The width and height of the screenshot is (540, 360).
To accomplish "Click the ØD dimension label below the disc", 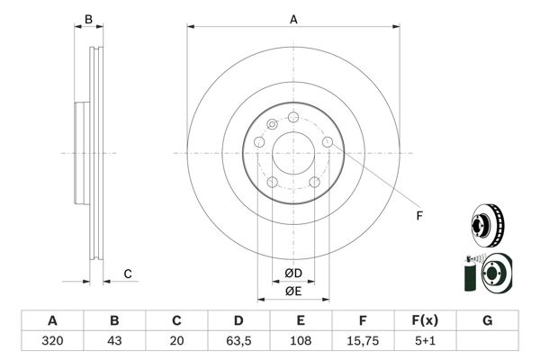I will coord(292,272).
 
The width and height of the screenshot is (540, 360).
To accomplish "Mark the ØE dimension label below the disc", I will coord(292,291).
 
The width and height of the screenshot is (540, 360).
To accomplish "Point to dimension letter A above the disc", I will coord(293,19).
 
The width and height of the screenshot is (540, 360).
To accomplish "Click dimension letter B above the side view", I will coord(88,19).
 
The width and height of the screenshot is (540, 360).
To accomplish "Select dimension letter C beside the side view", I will coord(129,274).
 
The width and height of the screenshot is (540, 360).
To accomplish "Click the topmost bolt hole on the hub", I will coord(293,115).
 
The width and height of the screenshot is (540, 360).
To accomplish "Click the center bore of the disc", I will coord(293,153).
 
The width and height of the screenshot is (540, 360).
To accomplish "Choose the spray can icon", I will coord(468,276).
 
